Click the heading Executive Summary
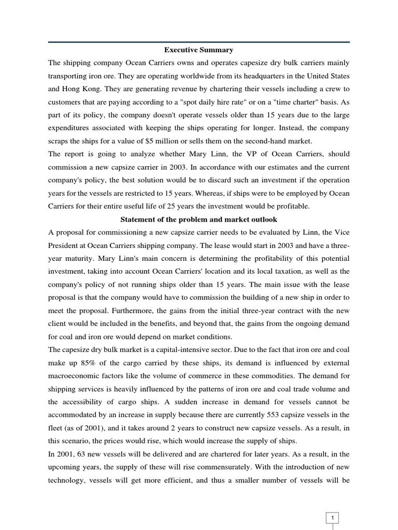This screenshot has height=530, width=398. pos(199,50)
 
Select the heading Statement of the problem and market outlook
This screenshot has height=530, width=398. pos(199,219)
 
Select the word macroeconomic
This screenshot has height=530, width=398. pos(78,376)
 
